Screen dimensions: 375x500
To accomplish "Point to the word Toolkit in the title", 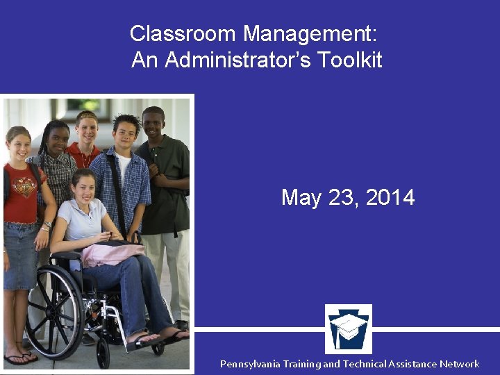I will click(350, 60).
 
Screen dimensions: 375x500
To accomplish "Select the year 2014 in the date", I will click(390, 198).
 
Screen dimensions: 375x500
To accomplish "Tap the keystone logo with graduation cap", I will click(349, 328).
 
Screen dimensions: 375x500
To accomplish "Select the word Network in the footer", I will click(459, 364).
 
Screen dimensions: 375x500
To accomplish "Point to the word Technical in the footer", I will click(372, 364).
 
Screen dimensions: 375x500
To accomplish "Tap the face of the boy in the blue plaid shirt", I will click(126, 134).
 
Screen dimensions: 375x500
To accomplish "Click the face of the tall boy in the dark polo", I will click(153, 124).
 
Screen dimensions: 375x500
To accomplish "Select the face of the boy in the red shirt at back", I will click(87, 128).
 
